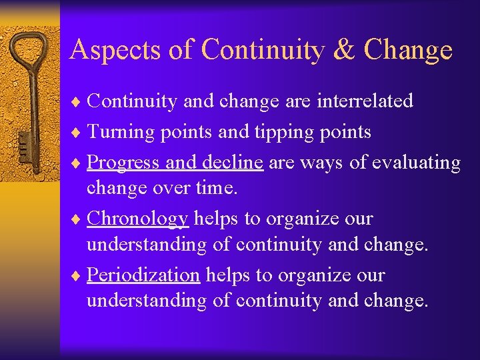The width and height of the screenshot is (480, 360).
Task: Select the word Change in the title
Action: point(409,50)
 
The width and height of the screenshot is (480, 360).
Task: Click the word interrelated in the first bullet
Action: point(365,101)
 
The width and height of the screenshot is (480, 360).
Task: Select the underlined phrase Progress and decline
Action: point(175,163)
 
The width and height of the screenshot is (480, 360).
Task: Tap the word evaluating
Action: point(414,163)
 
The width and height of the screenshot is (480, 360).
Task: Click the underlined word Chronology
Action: point(138,219)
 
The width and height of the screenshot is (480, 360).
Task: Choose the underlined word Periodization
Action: point(143,275)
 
